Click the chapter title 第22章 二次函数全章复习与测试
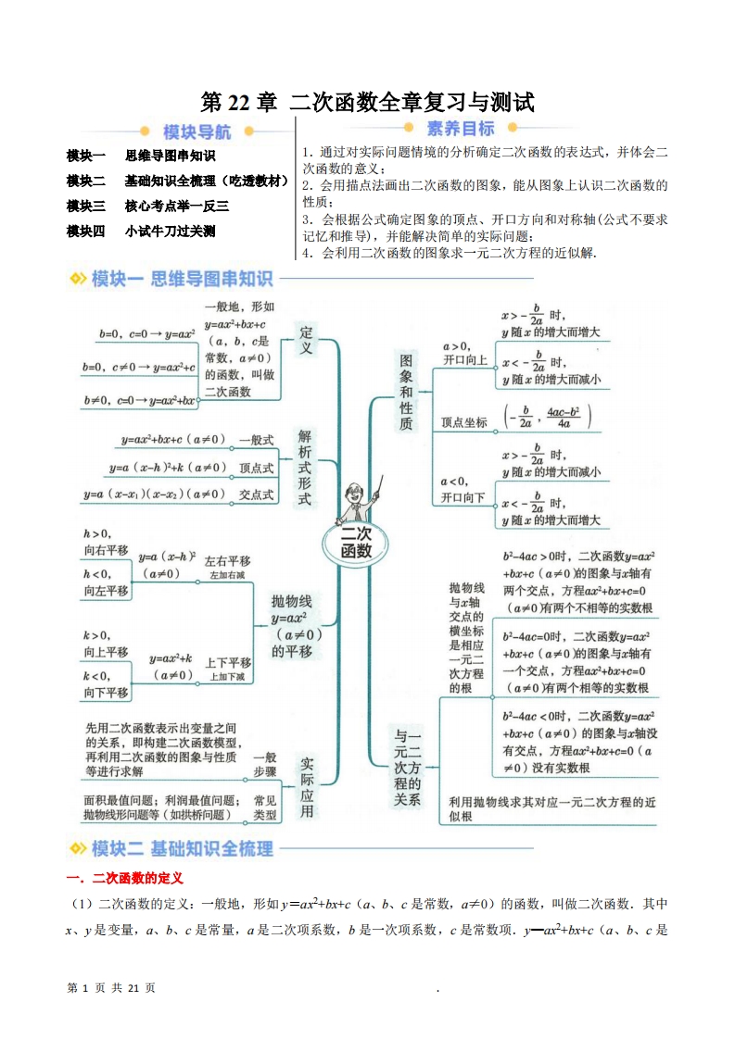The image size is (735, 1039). (x=367, y=102)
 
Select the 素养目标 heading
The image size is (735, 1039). (x=461, y=130)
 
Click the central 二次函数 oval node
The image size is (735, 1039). (x=356, y=543)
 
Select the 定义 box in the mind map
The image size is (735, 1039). (x=307, y=340)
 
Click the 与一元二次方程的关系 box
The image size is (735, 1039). (x=407, y=765)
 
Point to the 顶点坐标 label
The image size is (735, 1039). (x=464, y=421)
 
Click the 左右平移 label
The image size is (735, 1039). (x=227, y=562)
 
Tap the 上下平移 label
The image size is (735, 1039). (x=227, y=663)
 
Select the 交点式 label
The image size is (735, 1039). (x=256, y=494)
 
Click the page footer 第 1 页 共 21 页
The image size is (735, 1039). (x=111, y=988)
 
